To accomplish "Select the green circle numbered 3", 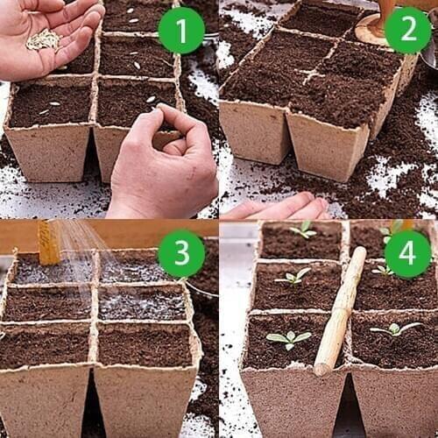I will coord(181,254).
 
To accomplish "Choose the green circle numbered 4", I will coord(408,254).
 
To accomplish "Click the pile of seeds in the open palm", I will coord(43,39).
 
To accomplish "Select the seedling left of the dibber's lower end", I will coord(288,338).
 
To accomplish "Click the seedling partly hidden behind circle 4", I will coord(391,230).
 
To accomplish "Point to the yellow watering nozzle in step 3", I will coord(49,243).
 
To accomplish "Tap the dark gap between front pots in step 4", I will coord(346,407).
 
